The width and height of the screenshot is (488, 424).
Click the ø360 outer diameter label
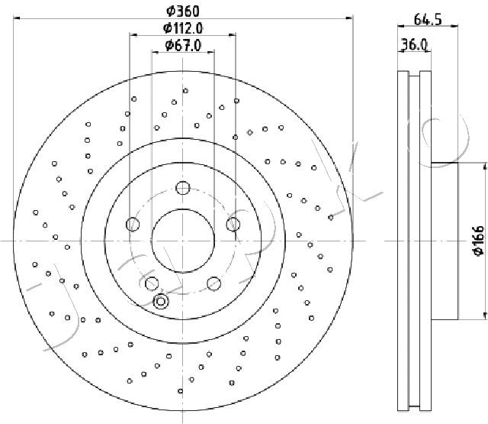click(183, 11)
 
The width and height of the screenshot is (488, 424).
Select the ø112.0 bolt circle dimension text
click(183, 29)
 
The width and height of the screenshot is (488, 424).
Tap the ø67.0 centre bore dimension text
click(183, 46)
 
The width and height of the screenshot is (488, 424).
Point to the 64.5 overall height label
click(428, 20)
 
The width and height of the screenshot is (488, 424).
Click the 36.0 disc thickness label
click(413, 44)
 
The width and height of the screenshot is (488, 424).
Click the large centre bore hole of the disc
click(183, 241)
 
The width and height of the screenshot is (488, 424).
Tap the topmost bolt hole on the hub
click(183, 188)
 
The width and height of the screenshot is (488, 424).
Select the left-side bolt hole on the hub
click(133, 224)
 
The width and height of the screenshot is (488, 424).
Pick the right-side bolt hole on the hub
click(233, 224)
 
